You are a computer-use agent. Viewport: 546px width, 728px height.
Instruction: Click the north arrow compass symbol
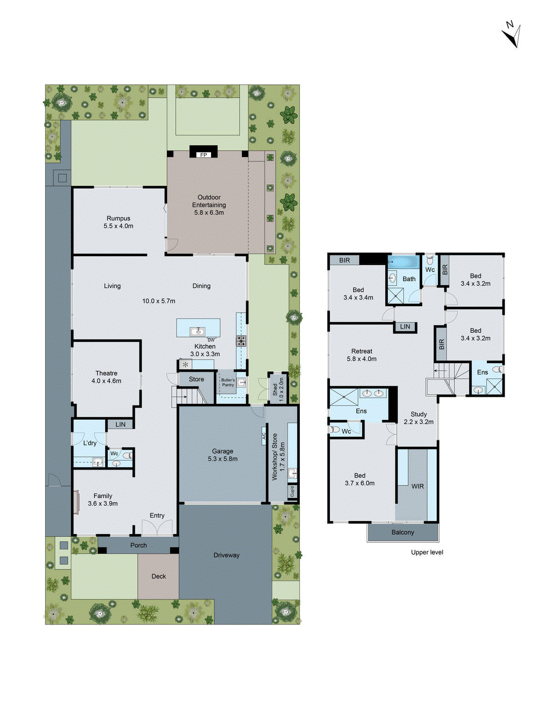512,34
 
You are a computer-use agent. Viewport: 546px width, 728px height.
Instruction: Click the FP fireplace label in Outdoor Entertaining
203,155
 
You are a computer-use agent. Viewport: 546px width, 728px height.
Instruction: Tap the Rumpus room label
118,222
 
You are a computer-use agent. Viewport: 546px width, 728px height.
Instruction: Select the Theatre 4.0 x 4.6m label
106,377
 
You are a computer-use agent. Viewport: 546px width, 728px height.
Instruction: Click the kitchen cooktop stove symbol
241,341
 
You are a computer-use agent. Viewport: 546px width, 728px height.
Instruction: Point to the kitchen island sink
197,331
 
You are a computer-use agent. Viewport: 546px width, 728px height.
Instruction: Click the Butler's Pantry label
228,382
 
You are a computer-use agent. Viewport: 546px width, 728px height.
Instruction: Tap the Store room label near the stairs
197,379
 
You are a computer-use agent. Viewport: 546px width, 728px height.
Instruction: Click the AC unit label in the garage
263,435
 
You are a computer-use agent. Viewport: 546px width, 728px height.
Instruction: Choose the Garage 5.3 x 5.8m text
222,455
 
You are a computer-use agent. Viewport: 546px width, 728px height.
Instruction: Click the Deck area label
158,576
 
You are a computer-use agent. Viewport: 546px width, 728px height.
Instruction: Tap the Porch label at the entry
138,545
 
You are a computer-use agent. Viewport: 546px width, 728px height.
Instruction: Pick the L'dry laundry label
90,443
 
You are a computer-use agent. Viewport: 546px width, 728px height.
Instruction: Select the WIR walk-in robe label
417,486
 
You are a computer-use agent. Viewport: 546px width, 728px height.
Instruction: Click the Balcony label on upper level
403,532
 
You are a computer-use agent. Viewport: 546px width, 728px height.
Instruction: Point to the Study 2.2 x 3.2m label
419,418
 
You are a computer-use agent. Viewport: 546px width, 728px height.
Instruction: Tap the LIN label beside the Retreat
405,327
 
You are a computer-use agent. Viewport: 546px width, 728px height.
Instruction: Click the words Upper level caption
427,552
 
